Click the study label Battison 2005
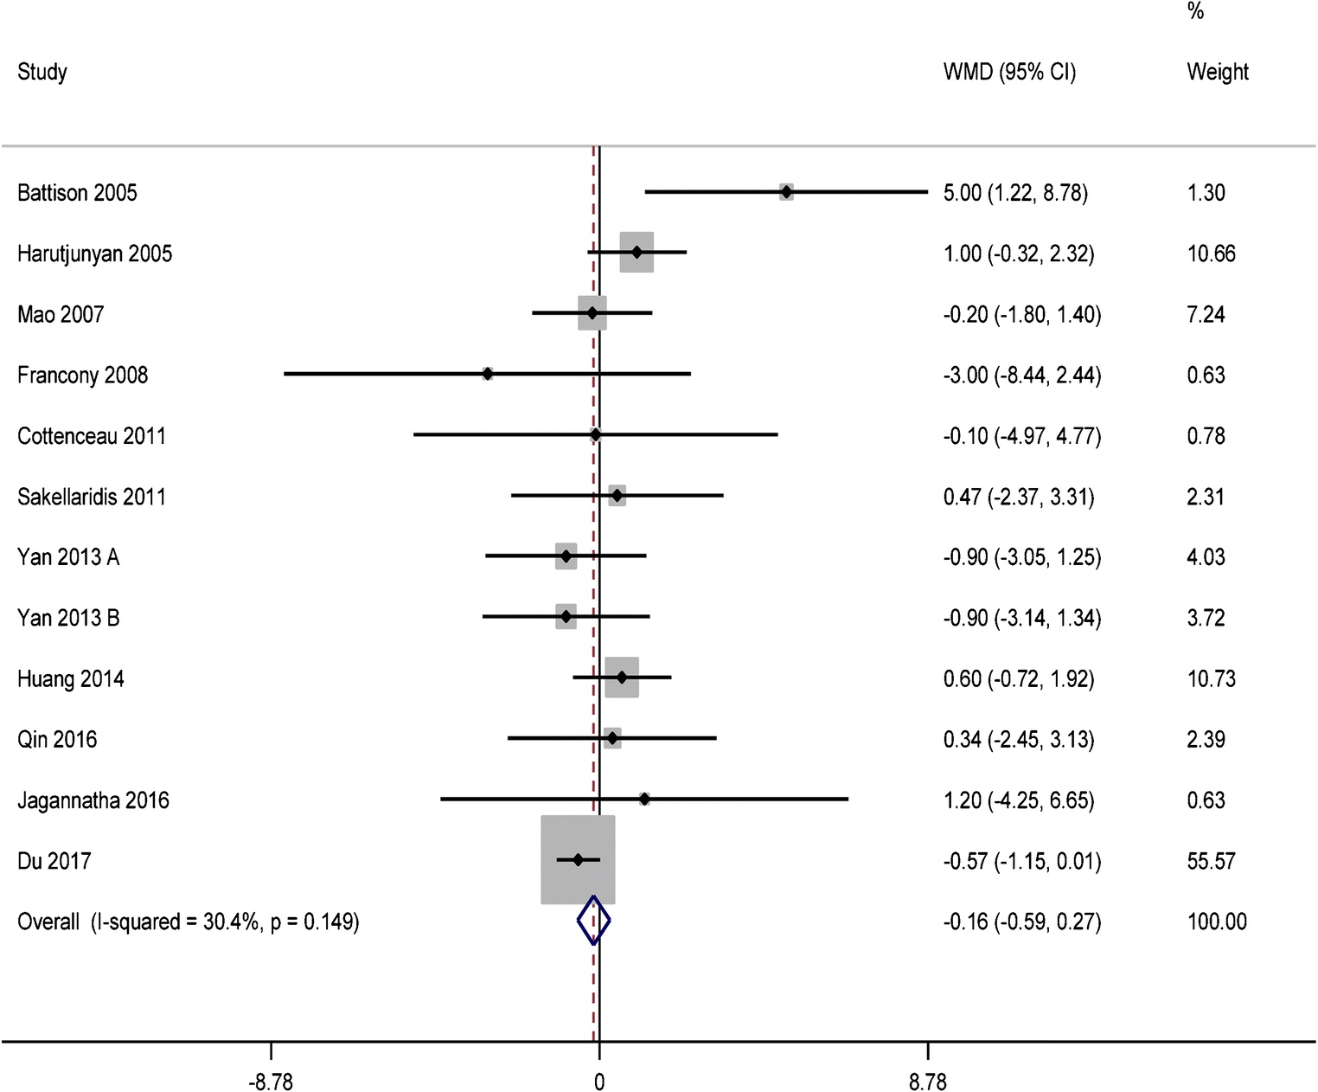tap(77, 193)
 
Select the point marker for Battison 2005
tap(786, 191)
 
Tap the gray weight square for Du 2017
tap(578, 859)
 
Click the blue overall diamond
tap(593, 920)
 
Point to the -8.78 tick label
tap(271, 1082)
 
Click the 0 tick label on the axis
tap(599, 1082)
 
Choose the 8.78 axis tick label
tap(928, 1082)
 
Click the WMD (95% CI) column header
tap(1009, 72)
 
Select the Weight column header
tap(1217, 72)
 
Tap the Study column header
tap(42, 72)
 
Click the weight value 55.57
tap(1211, 861)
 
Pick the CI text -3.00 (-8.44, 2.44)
tap(1022, 376)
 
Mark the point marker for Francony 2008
tap(487, 374)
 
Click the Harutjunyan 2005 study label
tap(94, 254)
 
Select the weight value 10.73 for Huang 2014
tap(1211, 679)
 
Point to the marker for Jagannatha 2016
tap(643, 799)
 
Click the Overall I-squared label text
tap(189, 922)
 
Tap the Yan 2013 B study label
tap(68, 618)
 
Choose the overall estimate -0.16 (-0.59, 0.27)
tap(1022, 922)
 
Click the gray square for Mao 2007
tap(592, 312)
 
